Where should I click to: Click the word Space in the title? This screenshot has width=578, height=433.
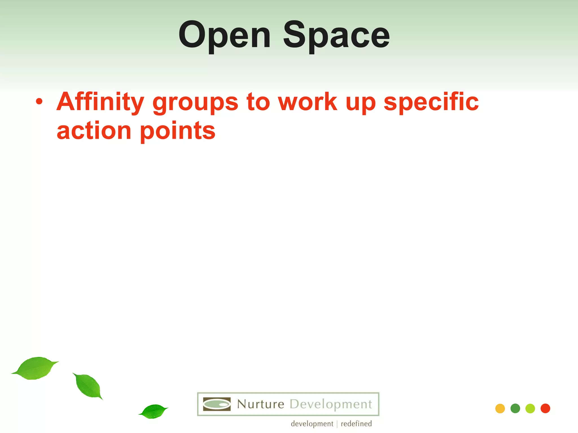click(336, 36)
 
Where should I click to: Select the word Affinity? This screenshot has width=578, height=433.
click(100, 102)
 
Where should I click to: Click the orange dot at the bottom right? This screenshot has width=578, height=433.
click(500, 408)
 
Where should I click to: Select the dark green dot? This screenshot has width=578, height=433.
click(515, 408)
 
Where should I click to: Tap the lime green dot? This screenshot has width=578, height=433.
click(530, 408)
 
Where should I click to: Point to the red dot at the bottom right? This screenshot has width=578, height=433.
click(545, 408)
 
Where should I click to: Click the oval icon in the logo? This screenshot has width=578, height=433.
click(217, 404)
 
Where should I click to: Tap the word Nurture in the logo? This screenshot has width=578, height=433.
click(260, 404)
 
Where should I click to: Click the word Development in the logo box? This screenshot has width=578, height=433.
click(331, 404)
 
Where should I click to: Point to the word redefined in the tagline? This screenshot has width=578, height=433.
click(356, 424)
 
